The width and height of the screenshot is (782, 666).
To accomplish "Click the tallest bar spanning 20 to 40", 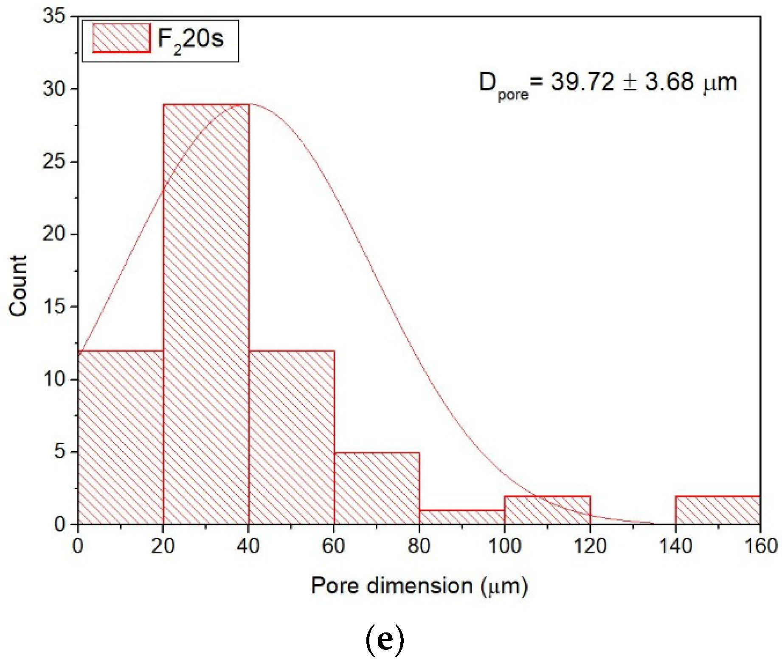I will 206,314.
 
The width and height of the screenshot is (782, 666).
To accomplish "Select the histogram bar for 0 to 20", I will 121,437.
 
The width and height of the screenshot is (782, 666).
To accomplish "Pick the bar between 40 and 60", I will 292,437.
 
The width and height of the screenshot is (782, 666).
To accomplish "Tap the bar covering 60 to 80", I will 377,488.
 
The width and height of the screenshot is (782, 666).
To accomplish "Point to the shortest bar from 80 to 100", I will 462,517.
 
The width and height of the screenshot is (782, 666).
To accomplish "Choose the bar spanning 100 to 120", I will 548,510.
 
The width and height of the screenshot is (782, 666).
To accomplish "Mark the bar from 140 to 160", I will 717,510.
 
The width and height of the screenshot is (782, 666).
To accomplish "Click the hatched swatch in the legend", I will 121,38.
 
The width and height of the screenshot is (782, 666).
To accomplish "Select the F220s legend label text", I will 191,40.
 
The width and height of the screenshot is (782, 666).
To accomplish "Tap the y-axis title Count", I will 18,285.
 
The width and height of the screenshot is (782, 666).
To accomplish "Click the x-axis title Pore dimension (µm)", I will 419,586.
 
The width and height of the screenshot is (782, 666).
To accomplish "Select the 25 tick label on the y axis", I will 54,161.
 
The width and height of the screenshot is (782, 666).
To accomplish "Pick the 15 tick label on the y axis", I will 54,306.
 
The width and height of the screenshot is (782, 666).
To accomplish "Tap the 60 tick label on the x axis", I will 334,546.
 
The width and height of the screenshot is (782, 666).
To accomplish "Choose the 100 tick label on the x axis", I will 504,546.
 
